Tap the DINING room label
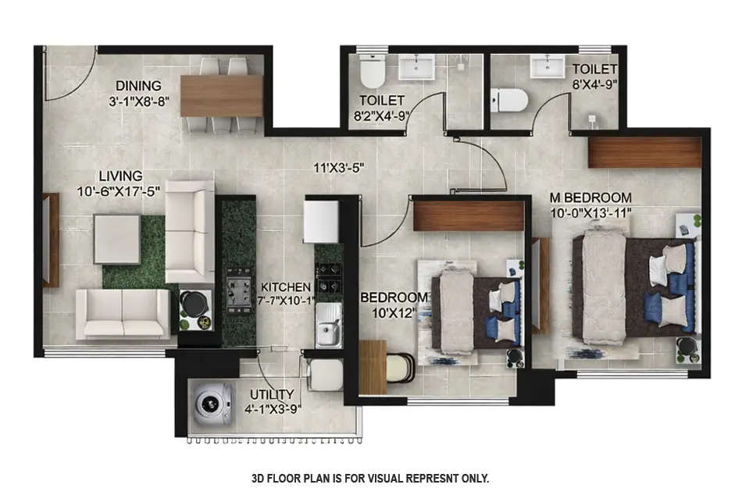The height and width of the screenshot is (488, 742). pos(138,85)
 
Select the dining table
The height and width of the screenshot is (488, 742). pos(222,95)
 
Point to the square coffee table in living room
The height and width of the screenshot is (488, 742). pos(118,238)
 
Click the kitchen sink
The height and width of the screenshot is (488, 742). pos(327,326)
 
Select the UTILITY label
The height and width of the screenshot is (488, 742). pos(272,394)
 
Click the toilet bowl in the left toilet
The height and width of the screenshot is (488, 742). pos(372,73)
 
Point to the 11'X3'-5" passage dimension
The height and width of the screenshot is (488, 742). pos(339,167)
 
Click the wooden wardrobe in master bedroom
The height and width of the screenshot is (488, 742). pos(644,152)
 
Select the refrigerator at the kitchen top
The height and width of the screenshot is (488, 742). pos(321,215)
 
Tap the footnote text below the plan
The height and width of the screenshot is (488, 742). pos(370,478)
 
